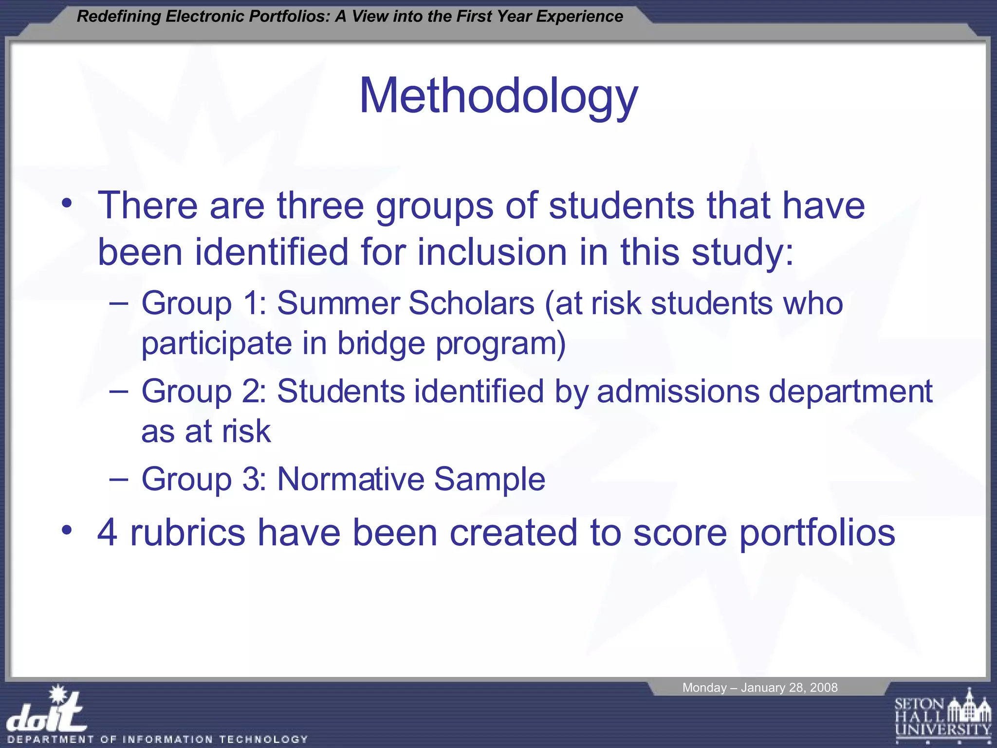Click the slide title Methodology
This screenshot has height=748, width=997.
click(498, 96)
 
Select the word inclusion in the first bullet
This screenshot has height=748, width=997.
click(492, 252)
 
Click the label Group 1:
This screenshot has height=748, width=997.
click(203, 303)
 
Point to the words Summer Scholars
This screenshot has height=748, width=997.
click(406, 303)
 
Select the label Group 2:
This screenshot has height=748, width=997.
click(203, 392)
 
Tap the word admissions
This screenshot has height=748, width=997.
click(678, 392)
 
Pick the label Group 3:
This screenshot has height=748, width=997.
click(203, 479)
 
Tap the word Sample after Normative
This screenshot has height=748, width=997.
click(489, 479)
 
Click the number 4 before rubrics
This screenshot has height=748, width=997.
click(107, 532)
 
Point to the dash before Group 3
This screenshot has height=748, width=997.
click(119, 479)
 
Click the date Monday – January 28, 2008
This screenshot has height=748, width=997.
click(759, 688)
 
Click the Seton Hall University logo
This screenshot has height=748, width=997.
click(942, 716)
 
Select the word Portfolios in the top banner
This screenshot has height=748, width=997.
click(289, 17)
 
